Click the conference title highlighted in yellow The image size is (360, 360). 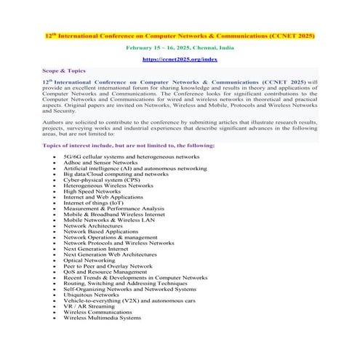[x=180, y=34]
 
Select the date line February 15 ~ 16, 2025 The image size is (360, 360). [x=180, y=47]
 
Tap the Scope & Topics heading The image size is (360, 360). [x=63, y=71]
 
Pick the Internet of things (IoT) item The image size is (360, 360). [x=93, y=202]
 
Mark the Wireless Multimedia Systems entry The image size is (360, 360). [x=102, y=318]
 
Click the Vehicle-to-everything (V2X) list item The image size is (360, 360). [x=129, y=300]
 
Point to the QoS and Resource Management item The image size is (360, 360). [x=105, y=272]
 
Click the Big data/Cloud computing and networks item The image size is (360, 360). [x=116, y=174]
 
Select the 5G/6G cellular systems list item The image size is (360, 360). [x=131, y=156]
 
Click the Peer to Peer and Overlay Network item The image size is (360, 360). [x=108, y=266]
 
